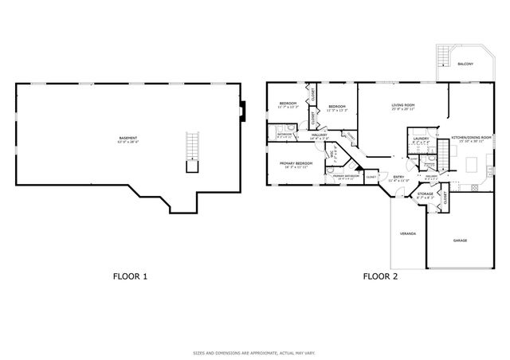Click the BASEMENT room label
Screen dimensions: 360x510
pyautogui.click(x=127, y=139)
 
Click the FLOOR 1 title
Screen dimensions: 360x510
pyautogui.click(x=130, y=276)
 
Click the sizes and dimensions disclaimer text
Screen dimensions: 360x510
pyautogui.click(x=254, y=352)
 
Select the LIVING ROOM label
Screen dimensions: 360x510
pyautogui.click(x=402, y=107)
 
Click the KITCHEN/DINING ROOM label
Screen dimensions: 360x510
pyautogui.click(x=471, y=139)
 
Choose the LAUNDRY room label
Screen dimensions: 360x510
pyautogui.click(x=421, y=139)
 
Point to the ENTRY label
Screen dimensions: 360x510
pyautogui.click(x=398, y=178)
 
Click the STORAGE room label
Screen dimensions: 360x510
pyautogui.click(x=426, y=194)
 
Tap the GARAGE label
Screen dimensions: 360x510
pyautogui.click(x=460, y=240)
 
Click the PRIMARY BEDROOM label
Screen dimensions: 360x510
pyautogui.click(x=295, y=164)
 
